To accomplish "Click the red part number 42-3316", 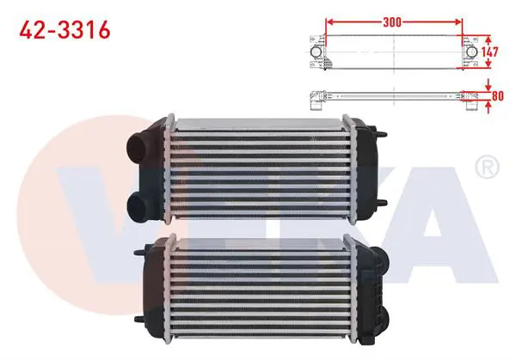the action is coord(64,30).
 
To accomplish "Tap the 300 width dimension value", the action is coord(392,22).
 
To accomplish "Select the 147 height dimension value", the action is coord(489,52).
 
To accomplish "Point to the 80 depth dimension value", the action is coord(498,95).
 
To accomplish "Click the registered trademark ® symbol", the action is coord(487,167).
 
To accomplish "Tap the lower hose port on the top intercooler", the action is coord(138,207).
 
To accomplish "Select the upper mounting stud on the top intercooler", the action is coord(382,134).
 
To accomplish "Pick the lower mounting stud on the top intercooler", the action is coord(382,203).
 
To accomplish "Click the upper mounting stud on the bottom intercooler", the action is coord(139,253).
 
